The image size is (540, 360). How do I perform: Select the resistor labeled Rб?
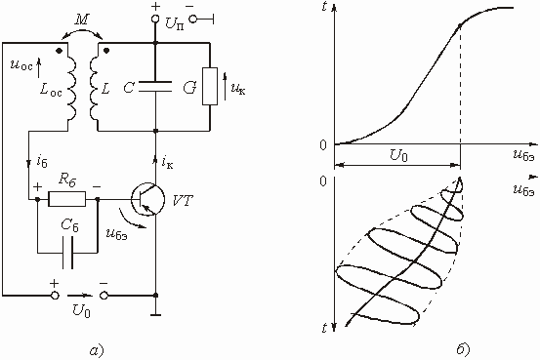click(66, 199)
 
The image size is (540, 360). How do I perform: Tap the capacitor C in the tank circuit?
click(155, 87)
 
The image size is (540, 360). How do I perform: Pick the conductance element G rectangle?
click(210, 87)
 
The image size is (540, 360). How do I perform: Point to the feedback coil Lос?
click(71, 87)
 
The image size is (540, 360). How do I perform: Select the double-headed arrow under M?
click(82, 33)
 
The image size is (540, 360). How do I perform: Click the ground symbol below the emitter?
click(155, 314)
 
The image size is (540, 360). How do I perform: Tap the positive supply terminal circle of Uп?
click(155, 19)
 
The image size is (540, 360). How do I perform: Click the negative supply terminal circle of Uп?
click(193, 19)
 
